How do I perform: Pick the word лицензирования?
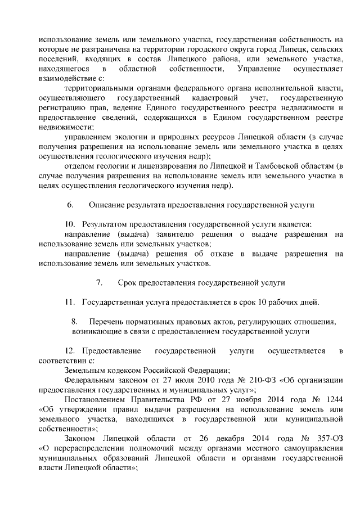coord(148,166)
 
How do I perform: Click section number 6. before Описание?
coord(70,205)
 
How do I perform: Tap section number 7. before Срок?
coord(100,282)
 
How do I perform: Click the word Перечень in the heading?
coord(107,322)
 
